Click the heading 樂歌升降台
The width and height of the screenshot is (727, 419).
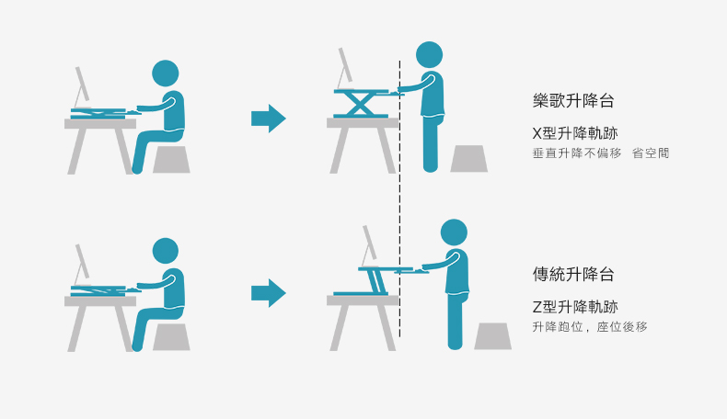573,100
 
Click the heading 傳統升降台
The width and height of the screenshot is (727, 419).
573,274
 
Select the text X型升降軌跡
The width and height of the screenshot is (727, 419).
575,133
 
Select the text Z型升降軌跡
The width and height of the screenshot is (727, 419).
575,307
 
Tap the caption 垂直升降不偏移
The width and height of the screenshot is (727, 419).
577,153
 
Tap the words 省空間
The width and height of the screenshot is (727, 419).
651,153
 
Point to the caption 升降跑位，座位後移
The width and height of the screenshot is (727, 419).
590,327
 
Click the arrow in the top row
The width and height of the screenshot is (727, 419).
269,119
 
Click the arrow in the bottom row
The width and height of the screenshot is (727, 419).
269,293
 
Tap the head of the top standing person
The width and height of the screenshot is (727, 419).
430,54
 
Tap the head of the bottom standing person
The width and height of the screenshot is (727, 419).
454,232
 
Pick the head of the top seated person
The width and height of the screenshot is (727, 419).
166,74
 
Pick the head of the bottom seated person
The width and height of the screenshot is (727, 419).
166,251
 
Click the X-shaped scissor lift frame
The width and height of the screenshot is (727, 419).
361,105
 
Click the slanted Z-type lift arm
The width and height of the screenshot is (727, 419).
377,281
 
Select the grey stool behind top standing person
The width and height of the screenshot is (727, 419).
468,159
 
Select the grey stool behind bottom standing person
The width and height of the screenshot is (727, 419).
493,336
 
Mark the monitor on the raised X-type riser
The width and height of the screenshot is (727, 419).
345,68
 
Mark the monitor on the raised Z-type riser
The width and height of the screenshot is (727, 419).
370,245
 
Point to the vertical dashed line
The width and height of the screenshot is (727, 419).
399,198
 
